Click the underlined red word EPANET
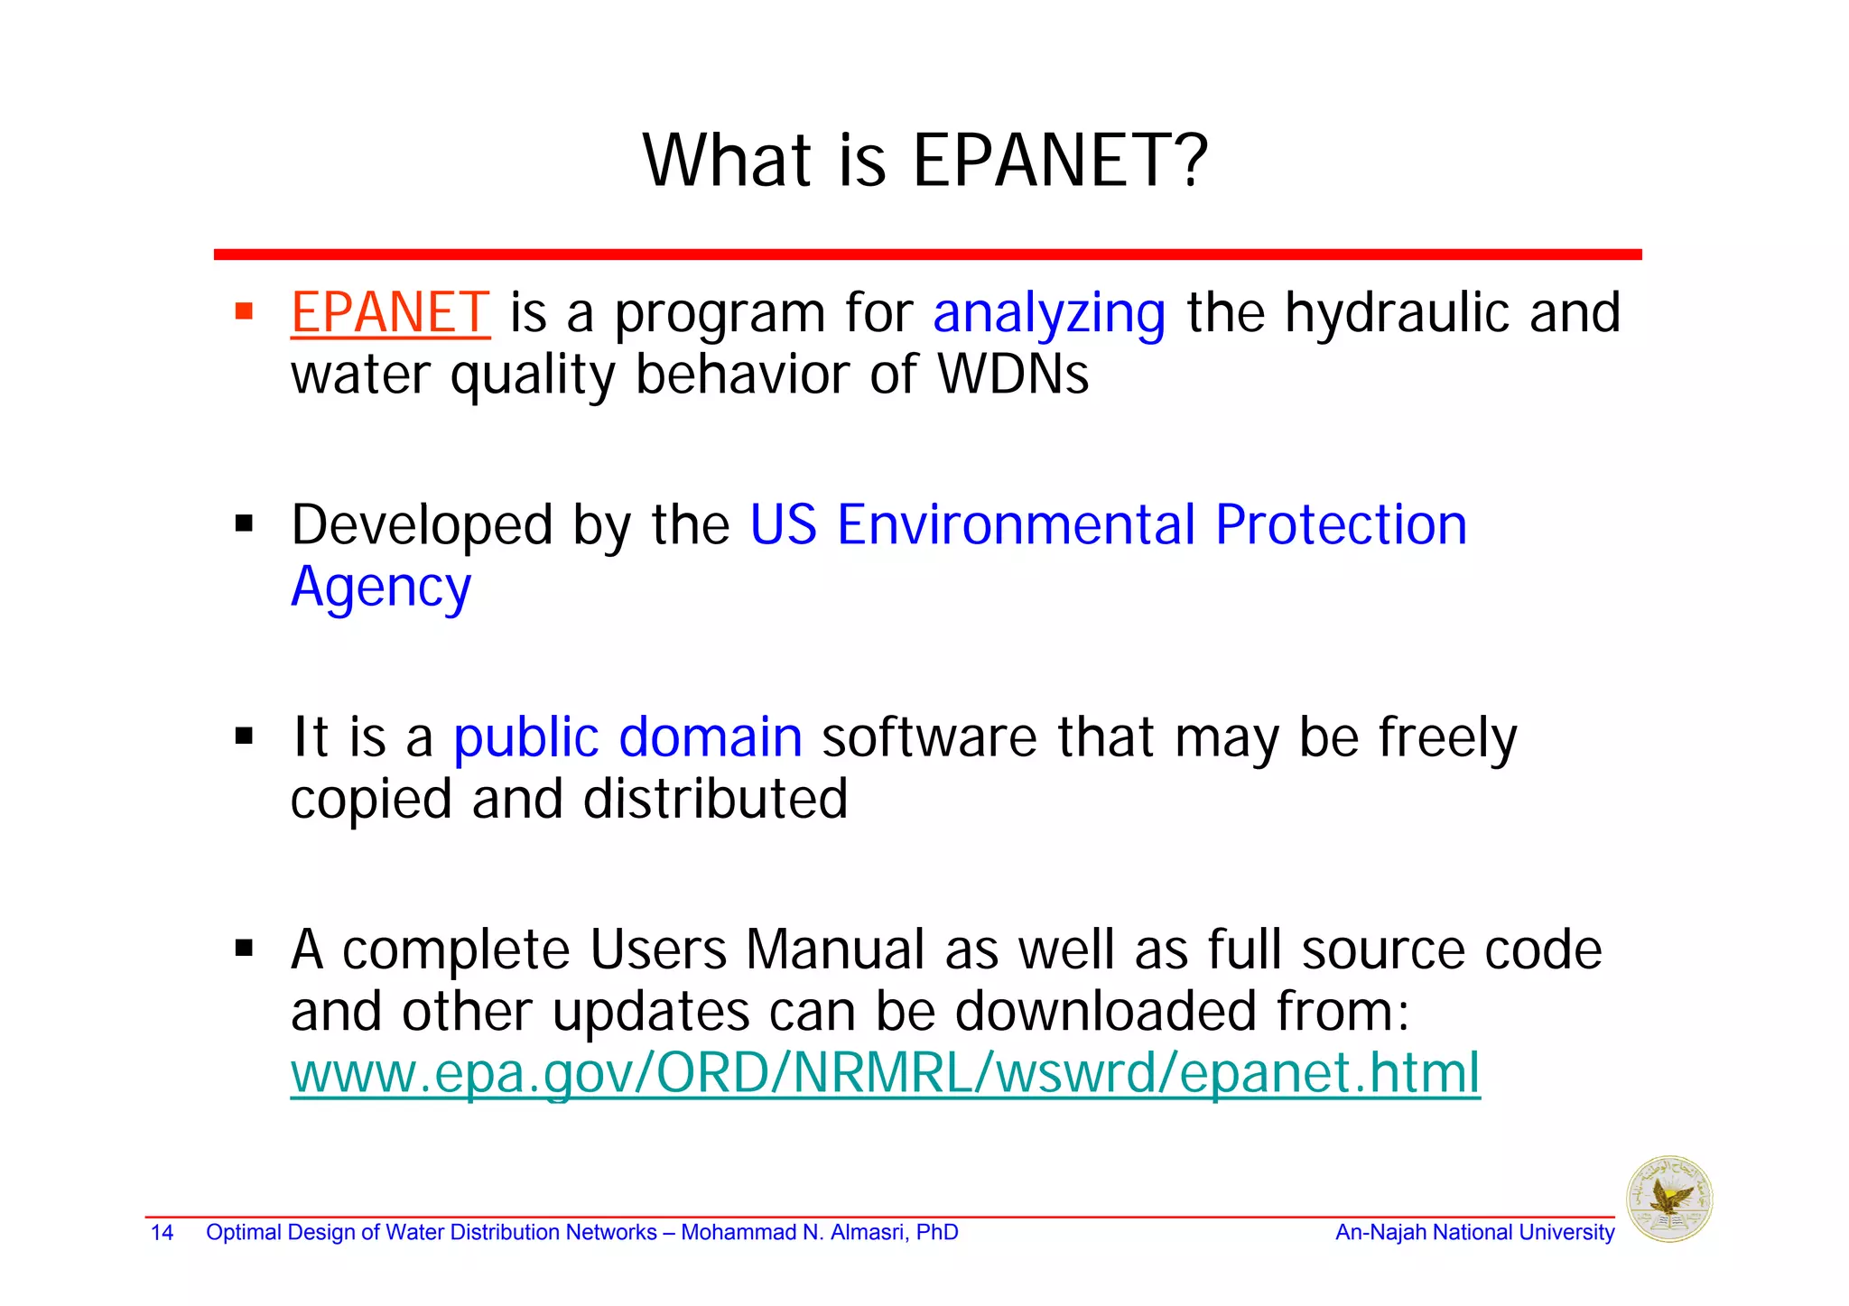pos(390,313)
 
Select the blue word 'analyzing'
pos(1048,315)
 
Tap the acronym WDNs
pos(1013,375)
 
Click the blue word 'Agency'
pos(380,588)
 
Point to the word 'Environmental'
pos(1016,525)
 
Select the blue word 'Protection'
pos(1341,525)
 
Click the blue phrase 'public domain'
pos(627,738)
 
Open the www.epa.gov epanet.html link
pos(885,1073)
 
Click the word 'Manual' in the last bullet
pos(836,950)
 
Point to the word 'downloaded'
pos(1105,1012)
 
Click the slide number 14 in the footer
pos(162,1233)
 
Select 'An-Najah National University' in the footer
pos(1474,1233)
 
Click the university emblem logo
pos(1668,1199)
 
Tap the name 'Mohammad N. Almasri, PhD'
pos(819,1233)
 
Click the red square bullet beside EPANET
pos(244,312)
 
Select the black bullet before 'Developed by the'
pos(244,524)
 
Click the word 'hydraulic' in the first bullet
pos(1397,313)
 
